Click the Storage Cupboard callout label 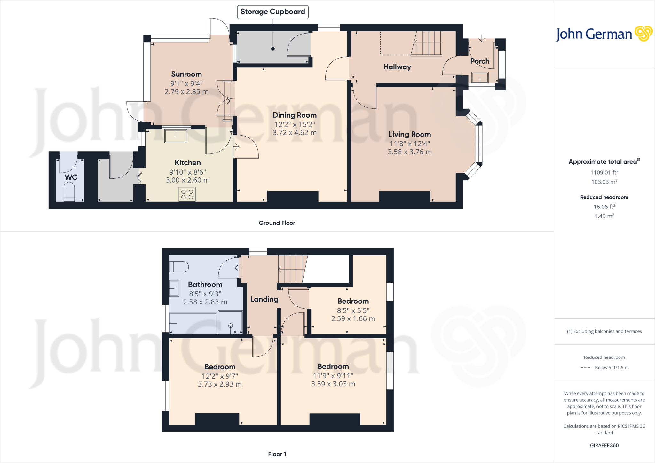(x=272, y=12)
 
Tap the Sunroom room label (x=186, y=74)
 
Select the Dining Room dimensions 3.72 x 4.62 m (x=295, y=133)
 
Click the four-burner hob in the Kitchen (x=187, y=194)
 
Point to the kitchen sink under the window (x=176, y=136)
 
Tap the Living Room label (x=410, y=134)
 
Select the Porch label (x=480, y=61)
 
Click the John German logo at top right (x=604, y=34)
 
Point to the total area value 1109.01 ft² (x=604, y=172)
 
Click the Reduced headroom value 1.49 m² (x=604, y=216)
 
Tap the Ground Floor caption (x=277, y=223)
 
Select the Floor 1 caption (x=277, y=454)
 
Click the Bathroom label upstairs (x=205, y=285)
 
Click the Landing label (x=264, y=299)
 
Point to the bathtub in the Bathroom (x=193, y=323)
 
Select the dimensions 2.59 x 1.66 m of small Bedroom (x=353, y=319)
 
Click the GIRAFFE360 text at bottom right (x=604, y=445)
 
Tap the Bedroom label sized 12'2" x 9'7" (x=220, y=367)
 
